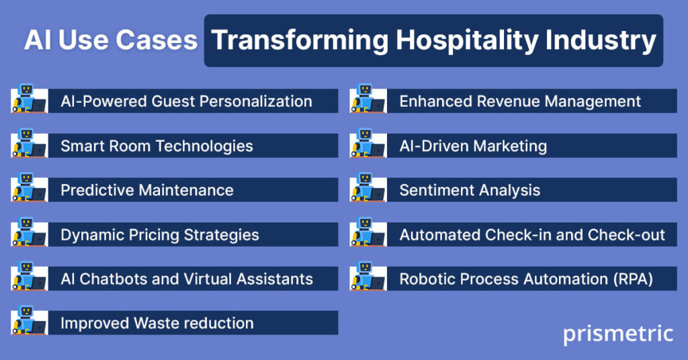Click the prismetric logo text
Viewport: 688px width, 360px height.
coord(617,334)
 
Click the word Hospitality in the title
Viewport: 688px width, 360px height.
coord(463,40)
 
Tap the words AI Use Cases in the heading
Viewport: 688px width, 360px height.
coord(110,40)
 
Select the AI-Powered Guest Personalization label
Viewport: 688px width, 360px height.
coord(186,101)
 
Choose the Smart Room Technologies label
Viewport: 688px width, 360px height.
coord(157,146)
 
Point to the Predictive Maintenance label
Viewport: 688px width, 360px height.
coord(147,190)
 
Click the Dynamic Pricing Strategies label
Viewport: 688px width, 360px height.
coord(160,235)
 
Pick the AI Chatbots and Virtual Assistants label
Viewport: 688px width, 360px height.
coord(187,279)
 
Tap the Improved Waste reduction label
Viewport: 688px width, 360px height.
coord(157,323)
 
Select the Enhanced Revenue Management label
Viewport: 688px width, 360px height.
coord(520,101)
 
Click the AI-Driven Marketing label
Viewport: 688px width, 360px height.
coord(473,146)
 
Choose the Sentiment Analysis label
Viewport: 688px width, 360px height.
coord(470,190)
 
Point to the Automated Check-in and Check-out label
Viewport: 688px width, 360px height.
coord(532,235)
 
